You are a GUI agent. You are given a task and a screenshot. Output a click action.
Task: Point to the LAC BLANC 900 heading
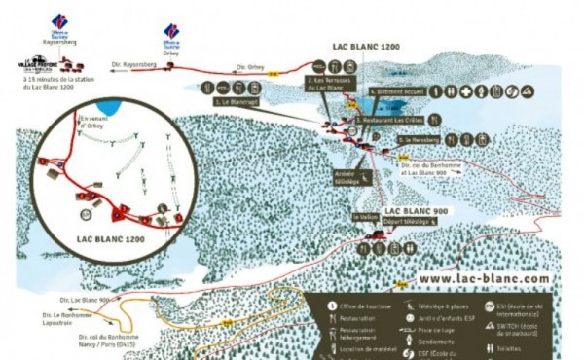coord(416,211)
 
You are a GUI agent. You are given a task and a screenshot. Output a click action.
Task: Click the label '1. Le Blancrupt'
coord(236,99)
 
